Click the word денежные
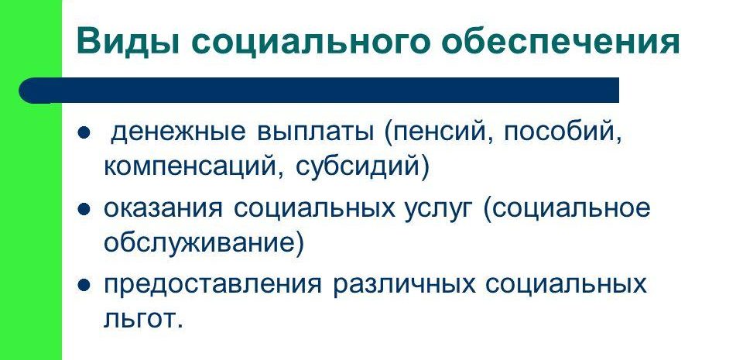click(x=178, y=132)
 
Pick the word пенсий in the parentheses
click(x=438, y=132)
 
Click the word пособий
click(x=563, y=132)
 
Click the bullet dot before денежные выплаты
click(x=84, y=134)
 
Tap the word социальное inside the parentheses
click(x=567, y=209)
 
